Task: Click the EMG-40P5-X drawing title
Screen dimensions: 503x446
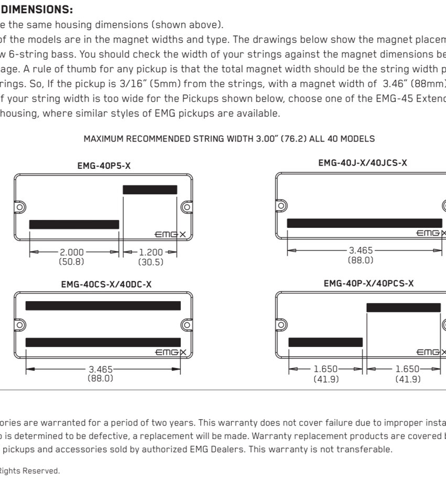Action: pos(104,166)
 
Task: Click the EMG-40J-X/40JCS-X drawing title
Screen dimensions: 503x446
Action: pos(362,163)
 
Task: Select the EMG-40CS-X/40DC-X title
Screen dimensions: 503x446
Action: pos(106,285)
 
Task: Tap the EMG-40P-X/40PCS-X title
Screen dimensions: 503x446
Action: pos(368,283)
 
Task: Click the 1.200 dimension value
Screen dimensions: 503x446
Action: pos(150,252)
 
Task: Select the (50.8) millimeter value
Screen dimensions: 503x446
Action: pos(71,260)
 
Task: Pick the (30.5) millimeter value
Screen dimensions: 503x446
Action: pos(151,261)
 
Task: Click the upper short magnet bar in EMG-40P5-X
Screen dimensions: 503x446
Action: pos(149,190)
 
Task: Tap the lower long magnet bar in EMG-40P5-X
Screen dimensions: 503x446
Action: pos(74,224)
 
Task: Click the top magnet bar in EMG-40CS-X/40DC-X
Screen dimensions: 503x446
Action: pos(103,305)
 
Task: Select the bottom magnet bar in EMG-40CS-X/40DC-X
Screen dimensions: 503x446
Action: pos(103,342)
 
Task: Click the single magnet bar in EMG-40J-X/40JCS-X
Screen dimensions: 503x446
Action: pos(364,223)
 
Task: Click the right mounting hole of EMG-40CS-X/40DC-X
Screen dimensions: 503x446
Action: pos(185,324)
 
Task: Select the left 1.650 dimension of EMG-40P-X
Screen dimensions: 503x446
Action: pos(325,369)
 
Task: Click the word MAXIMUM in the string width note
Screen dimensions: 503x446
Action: pos(103,139)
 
